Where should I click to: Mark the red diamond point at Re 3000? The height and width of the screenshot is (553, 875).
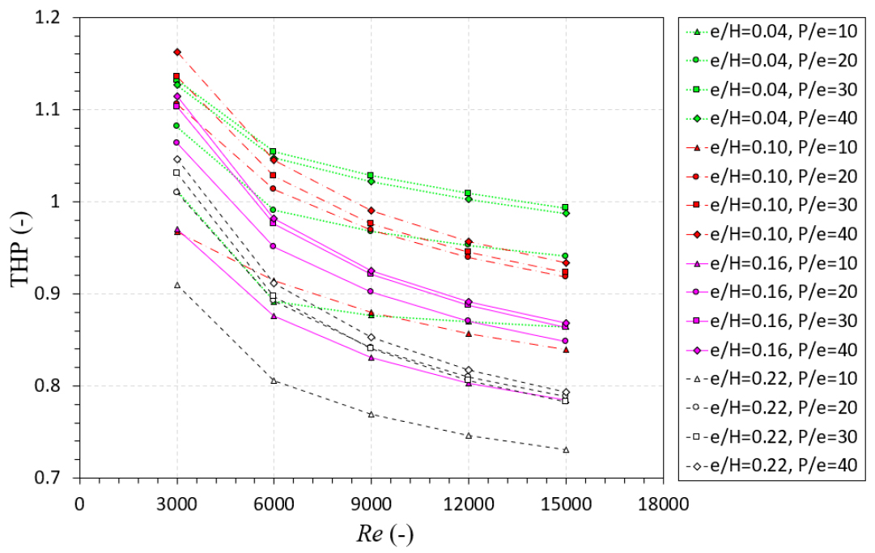176,52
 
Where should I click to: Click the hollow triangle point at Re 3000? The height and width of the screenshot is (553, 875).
176,285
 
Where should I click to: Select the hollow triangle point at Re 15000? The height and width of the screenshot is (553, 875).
566,449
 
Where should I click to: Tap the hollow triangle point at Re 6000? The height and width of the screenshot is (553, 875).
274,381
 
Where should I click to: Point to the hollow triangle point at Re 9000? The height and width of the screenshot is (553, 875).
371,414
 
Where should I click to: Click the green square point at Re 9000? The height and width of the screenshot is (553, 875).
371,176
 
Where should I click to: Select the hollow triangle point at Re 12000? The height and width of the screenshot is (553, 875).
468,436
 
